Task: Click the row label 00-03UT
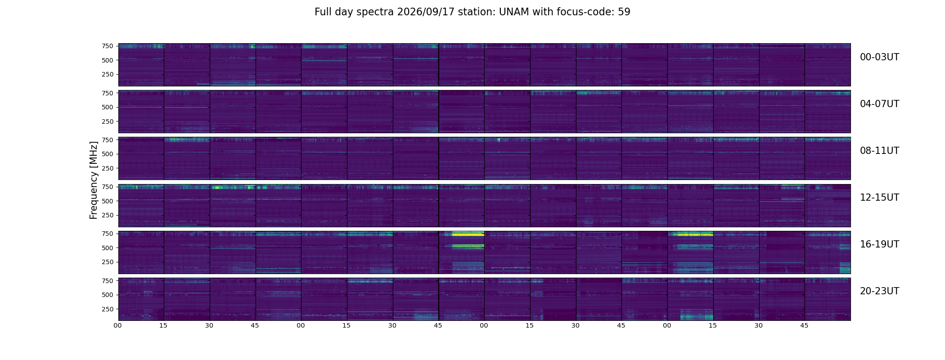pos(879,57)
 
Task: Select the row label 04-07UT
pos(879,104)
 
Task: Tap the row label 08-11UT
pos(879,151)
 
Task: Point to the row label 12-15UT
pos(879,198)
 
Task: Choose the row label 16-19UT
pos(879,244)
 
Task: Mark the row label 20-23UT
pos(879,291)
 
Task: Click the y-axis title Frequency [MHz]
pos(94,180)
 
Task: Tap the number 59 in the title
pos(624,12)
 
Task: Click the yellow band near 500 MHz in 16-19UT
pos(468,246)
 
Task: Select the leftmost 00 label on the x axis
pos(118,326)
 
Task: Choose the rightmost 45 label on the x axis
pos(804,326)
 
